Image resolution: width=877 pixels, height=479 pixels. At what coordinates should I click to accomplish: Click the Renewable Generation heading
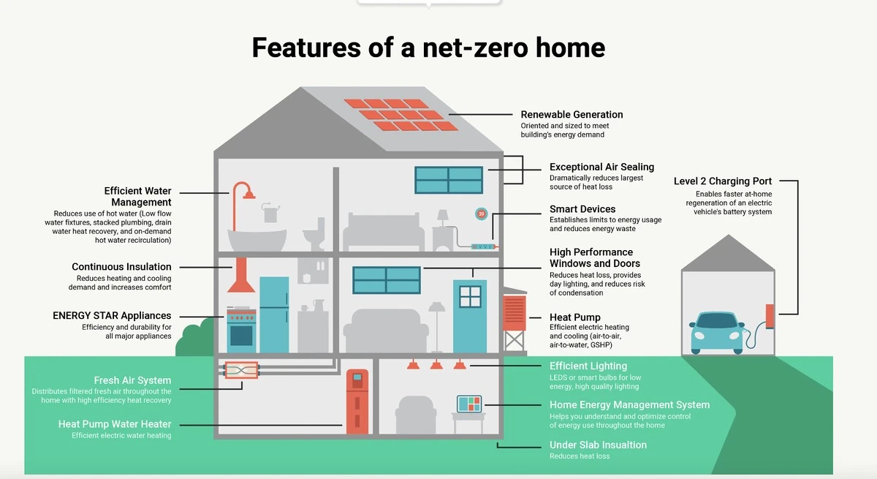point(572,114)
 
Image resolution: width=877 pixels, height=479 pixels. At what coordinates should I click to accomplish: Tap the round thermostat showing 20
point(481,214)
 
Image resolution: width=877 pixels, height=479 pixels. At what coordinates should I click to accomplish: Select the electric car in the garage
point(716,333)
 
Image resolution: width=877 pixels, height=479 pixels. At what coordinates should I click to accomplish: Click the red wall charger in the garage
point(770,317)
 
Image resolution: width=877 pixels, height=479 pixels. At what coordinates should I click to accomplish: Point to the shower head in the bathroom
point(248,195)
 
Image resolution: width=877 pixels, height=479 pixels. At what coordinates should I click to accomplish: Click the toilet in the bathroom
point(315,234)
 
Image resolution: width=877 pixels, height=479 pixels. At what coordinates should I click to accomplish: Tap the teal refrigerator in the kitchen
point(274,315)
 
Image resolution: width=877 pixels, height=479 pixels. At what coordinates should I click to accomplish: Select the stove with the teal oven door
point(241,330)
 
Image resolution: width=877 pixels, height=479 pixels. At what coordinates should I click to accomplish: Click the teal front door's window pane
point(470,296)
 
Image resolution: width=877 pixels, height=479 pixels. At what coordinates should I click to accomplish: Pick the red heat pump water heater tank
point(357,401)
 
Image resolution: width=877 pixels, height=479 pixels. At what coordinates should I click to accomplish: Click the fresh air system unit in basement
point(242,370)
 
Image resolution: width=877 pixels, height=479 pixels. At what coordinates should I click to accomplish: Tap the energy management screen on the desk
point(469,404)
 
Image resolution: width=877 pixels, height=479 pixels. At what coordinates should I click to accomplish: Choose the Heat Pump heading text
point(574,317)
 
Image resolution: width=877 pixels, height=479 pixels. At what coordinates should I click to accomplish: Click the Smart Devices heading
point(582,209)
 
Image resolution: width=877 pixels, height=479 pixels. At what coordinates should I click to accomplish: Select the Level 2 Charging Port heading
point(723,181)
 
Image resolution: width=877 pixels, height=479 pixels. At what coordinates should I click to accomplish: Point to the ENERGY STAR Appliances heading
point(112,316)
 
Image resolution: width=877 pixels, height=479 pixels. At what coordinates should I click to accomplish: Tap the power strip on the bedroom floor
point(484,246)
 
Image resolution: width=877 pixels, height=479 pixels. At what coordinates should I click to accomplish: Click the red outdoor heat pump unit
point(514,312)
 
